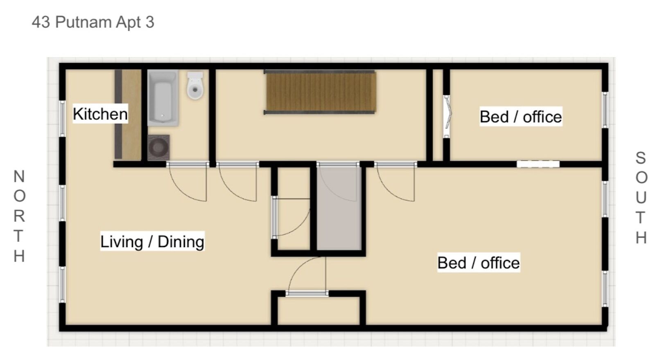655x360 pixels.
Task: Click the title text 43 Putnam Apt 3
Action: pyautogui.click(x=93, y=22)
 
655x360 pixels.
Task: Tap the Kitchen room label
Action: pyautogui.click(x=100, y=114)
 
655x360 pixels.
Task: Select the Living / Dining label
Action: pyautogui.click(x=152, y=241)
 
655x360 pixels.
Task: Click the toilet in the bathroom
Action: pyautogui.click(x=195, y=86)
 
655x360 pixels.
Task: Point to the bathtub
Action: pyautogui.click(x=163, y=98)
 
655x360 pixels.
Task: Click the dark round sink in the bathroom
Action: pyautogui.click(x=158, y=147)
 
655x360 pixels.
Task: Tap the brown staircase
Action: pyautogui.click(x=320, y=92)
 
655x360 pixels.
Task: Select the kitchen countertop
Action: pyautogui.click(x=128, y=114)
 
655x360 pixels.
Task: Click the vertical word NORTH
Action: pyautogui.click(x=19, y=216)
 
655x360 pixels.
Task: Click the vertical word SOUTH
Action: pyautogui.click(x=641, y=198)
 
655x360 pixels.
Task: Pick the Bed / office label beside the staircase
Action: pyautogui.click(x=521, y=117)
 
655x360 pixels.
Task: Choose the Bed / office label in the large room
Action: pyautogui.click(x=479, y=262)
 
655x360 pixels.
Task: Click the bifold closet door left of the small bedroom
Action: pyautogui.click(x=447, y=116)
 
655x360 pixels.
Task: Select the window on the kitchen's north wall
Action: pyautogui.click(x=62, y=119)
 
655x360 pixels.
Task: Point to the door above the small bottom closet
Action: pyautogui.click(x=307, y=293)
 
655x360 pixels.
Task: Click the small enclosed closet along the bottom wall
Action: pyautogui.click(x=318, y=310)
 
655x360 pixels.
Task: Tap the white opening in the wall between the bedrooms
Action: pyautogui.click(x=538, y=164)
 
